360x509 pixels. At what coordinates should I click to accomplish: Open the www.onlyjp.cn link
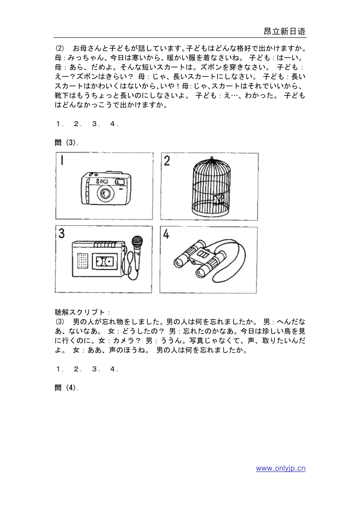point(280,468)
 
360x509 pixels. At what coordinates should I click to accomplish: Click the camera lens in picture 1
point(105,194)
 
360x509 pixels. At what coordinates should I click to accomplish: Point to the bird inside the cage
point(219,199)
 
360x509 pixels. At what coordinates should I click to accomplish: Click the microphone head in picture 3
point(137,241)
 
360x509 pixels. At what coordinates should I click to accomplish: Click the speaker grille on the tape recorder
point(82,261)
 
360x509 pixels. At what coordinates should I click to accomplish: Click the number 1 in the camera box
point(61,161)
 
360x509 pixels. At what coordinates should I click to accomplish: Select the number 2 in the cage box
point(167,161)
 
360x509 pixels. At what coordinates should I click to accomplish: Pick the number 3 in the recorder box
point(61,234)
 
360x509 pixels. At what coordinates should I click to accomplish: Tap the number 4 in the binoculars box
point(166,234)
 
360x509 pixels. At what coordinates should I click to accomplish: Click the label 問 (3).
point(67,142)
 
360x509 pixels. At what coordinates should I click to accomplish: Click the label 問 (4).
point(67,388)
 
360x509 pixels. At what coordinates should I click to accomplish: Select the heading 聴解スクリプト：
point(82,312)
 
